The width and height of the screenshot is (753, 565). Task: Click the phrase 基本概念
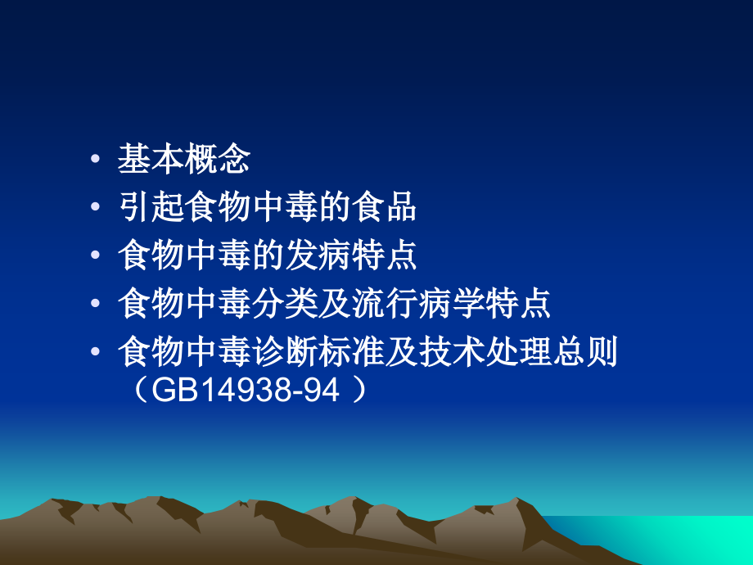pyautogui.click(x=183, y=160)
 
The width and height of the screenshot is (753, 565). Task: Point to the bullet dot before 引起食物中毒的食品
pyautogui.click(x=97, y=209)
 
